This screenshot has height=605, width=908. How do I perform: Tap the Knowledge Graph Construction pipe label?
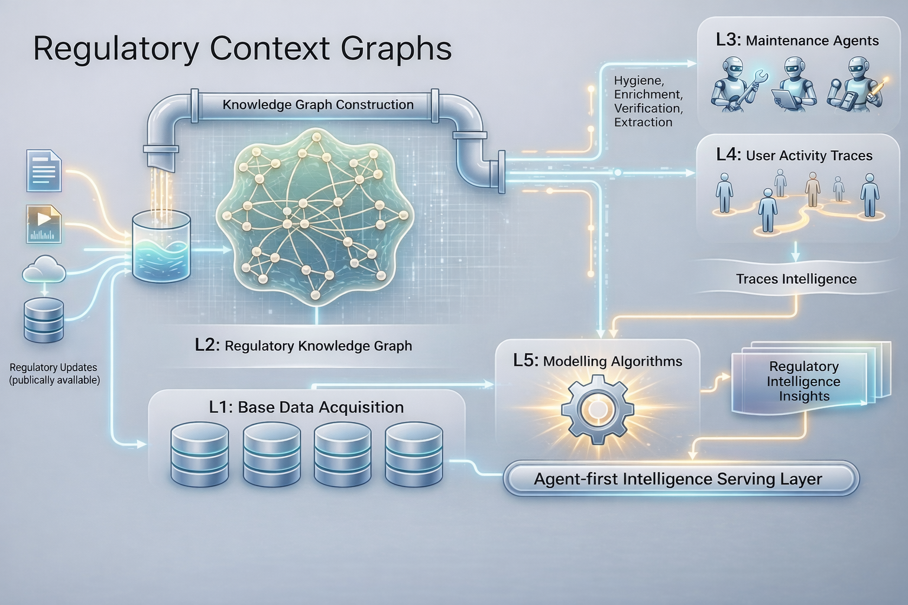[318, 105]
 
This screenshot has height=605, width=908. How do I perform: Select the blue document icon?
[44, 171]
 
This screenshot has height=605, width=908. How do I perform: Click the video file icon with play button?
[44, 224]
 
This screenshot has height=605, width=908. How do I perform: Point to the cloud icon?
[44, 270]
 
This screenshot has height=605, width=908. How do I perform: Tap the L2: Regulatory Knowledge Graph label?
[303, 346]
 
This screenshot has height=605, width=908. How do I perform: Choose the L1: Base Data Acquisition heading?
[306, 407]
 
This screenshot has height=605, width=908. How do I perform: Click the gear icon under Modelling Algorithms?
[596, 408]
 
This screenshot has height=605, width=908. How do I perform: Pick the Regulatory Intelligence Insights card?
[804, 382]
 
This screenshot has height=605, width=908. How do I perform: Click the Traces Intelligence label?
[796, 279]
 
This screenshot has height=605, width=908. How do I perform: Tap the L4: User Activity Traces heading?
[794, 155]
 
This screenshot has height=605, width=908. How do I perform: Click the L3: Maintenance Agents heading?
[797, 41]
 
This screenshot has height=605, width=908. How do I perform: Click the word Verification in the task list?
[648, 109]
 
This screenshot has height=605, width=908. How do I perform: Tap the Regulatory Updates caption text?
[54, 374]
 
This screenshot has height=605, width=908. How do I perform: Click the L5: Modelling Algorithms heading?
[597, 361]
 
